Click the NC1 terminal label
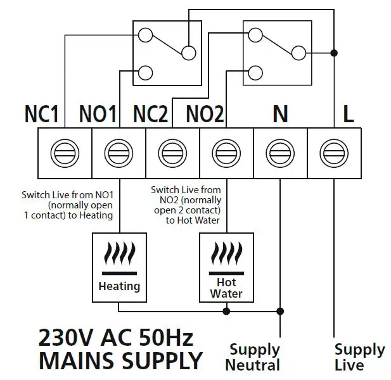click(x=41, y=115)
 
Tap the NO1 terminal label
click(x=98, y=115)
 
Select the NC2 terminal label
click(x=151, y=115)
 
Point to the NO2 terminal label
click(x=205, y=115)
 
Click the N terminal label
click(x=279, y=115)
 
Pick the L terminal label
click(x=348, y=115)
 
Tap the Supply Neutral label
click(x=254, y=357)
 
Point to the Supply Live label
click(x=359, y=357)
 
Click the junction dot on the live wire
click(x=334, y=53)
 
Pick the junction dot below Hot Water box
click(x=226, y=311)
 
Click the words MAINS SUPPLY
click(x=120, y=362)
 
